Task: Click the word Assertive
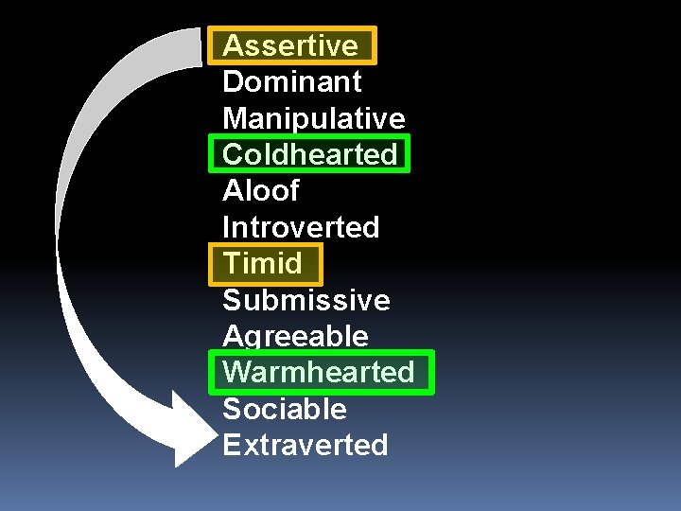290,45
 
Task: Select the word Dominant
291,82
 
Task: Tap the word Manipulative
313,118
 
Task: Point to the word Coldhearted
309,154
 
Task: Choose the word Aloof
260,191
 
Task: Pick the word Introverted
300,227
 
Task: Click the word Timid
262,263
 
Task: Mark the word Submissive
306,300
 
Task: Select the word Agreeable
295,336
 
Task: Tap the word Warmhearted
319,372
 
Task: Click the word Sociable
284,409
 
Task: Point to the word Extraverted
305,445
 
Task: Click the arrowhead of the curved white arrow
194,432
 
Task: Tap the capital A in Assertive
233,45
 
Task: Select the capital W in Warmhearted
236,372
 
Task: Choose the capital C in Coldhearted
233,154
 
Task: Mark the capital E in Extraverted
231,445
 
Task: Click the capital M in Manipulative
235,118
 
